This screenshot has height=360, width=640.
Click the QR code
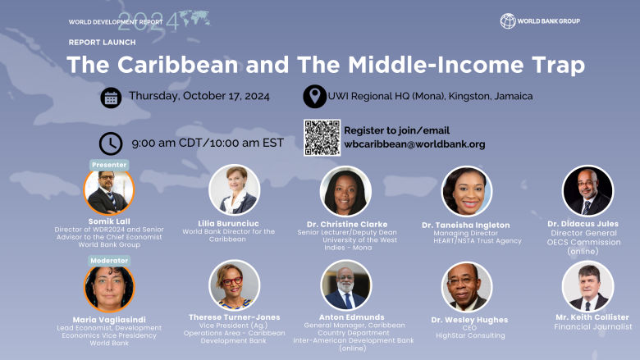point(322,138)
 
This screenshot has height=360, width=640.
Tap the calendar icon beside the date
point(112,98)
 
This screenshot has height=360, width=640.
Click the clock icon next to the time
point(111,144)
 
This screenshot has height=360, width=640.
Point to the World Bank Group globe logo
point(507,21)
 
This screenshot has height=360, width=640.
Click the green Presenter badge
point(109,164)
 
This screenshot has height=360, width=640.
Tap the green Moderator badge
point(109,260)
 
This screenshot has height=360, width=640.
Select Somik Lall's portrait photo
point(109,192)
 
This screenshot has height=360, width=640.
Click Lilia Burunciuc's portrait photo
point(234,190)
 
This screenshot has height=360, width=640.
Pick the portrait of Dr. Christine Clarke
point(345,191)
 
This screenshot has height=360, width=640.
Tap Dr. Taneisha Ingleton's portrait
point(467,191)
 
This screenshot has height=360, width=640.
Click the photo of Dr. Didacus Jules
point(587,191)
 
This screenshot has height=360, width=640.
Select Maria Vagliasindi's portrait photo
point(109,288)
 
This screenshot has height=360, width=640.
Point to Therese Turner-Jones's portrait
point(234,285)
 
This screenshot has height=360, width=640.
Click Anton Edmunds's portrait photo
point(345,285)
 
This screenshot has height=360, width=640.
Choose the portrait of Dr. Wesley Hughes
point(467,287)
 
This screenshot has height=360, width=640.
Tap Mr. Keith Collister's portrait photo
point(587,287)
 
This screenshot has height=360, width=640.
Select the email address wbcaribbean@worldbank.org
point(414,144)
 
